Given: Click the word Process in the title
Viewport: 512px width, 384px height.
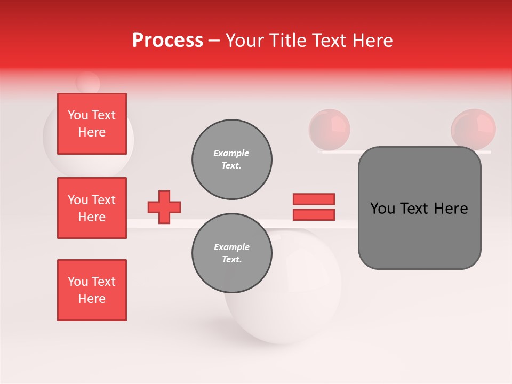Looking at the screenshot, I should click(167, 41).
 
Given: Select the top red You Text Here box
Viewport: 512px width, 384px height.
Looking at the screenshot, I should click(92, 124).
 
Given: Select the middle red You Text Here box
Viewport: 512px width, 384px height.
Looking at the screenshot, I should click(92, 208).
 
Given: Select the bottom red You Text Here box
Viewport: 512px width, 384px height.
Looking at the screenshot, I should click(92, 290).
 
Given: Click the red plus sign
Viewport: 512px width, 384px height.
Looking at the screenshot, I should click(164, 207).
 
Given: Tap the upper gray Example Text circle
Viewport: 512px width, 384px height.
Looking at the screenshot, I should click(232, 159).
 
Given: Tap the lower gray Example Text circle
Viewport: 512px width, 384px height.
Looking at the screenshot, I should click(232, 253).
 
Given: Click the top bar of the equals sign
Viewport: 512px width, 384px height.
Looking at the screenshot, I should click(314, 199).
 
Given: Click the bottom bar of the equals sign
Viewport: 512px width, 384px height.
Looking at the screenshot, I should click(314, 214).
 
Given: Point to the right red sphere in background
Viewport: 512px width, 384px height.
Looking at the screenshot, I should click(473, 129).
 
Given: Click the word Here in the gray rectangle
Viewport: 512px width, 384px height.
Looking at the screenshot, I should click(451, 209).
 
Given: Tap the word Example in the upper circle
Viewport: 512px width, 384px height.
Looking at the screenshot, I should click(231, 153).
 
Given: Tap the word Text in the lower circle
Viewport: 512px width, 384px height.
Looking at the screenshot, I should click(231, 260).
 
